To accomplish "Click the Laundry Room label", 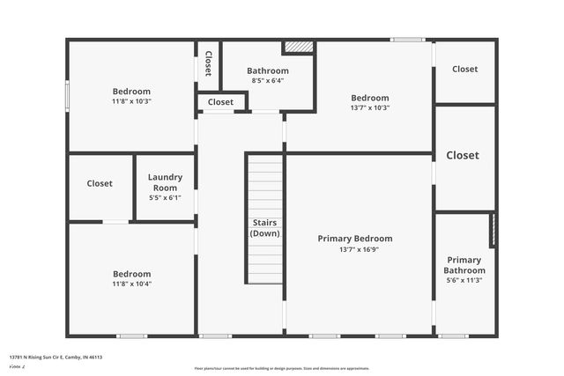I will (165, 182).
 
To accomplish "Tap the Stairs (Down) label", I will (264, 228).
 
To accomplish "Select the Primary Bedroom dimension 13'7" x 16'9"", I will (355, 249).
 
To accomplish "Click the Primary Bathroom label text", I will (464, 265).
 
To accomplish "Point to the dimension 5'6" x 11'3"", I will (464, 280).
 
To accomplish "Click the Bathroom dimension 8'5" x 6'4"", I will (267, 81).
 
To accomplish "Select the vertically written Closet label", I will (208, 63).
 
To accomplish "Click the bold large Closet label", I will (463, 155).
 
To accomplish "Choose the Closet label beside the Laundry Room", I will (100, 184).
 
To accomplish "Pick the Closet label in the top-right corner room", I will (464, 69).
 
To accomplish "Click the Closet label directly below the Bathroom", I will (220, 102).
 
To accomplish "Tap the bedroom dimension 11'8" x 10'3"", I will (131, 101).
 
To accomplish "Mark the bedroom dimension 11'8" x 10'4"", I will (131, 284).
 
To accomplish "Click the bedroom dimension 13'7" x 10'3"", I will (370, 107).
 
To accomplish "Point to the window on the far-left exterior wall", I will (67, 95).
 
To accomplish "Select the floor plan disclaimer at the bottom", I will (282, 368).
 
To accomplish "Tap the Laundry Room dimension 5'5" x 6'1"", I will (165, 197).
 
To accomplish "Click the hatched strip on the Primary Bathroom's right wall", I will (493, 230).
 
